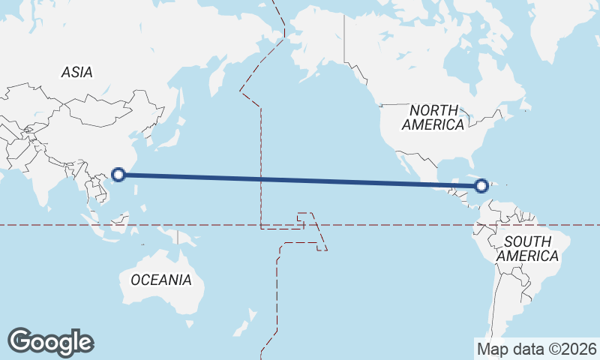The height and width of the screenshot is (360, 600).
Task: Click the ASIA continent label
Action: [x=77, y=73]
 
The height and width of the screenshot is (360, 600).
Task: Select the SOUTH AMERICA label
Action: [x=528, y=249]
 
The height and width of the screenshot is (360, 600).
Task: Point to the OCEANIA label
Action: [x=161, y=280]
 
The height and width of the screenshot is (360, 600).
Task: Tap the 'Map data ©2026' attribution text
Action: [x=537, y=349]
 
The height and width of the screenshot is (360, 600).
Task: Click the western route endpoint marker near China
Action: [x=118, y=175]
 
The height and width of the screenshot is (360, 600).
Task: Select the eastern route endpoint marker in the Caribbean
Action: [x=482, y=184]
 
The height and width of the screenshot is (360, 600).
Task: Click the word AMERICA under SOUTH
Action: [x=528, y=256]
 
